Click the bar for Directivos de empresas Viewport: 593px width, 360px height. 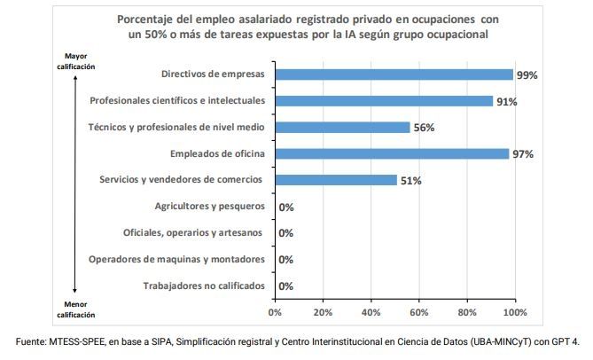click(394, 74)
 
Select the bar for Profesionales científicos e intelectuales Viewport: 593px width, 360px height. click(384, 101)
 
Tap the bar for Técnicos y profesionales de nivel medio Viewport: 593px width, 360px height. click(342, 127)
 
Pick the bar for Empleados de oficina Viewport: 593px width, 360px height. click(392, 153)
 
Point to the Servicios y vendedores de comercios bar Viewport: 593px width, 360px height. click(336, 180)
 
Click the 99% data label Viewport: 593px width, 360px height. click(527, 75)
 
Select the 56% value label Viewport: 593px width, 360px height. click(424, 128)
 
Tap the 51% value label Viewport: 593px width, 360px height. click(410, 181)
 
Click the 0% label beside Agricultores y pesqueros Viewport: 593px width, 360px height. click(286, 207)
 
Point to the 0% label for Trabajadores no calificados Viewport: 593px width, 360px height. click(286, 286)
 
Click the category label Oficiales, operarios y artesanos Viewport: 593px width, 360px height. click(193, 233)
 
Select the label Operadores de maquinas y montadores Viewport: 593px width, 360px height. click(176, 260)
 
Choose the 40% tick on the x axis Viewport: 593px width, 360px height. click(371, 312)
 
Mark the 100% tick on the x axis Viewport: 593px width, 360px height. click(514, 312)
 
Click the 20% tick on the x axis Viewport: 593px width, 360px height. click(323, 312)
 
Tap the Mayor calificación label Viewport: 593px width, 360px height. click(75, 61)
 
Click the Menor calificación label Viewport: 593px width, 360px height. click(75, 309)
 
